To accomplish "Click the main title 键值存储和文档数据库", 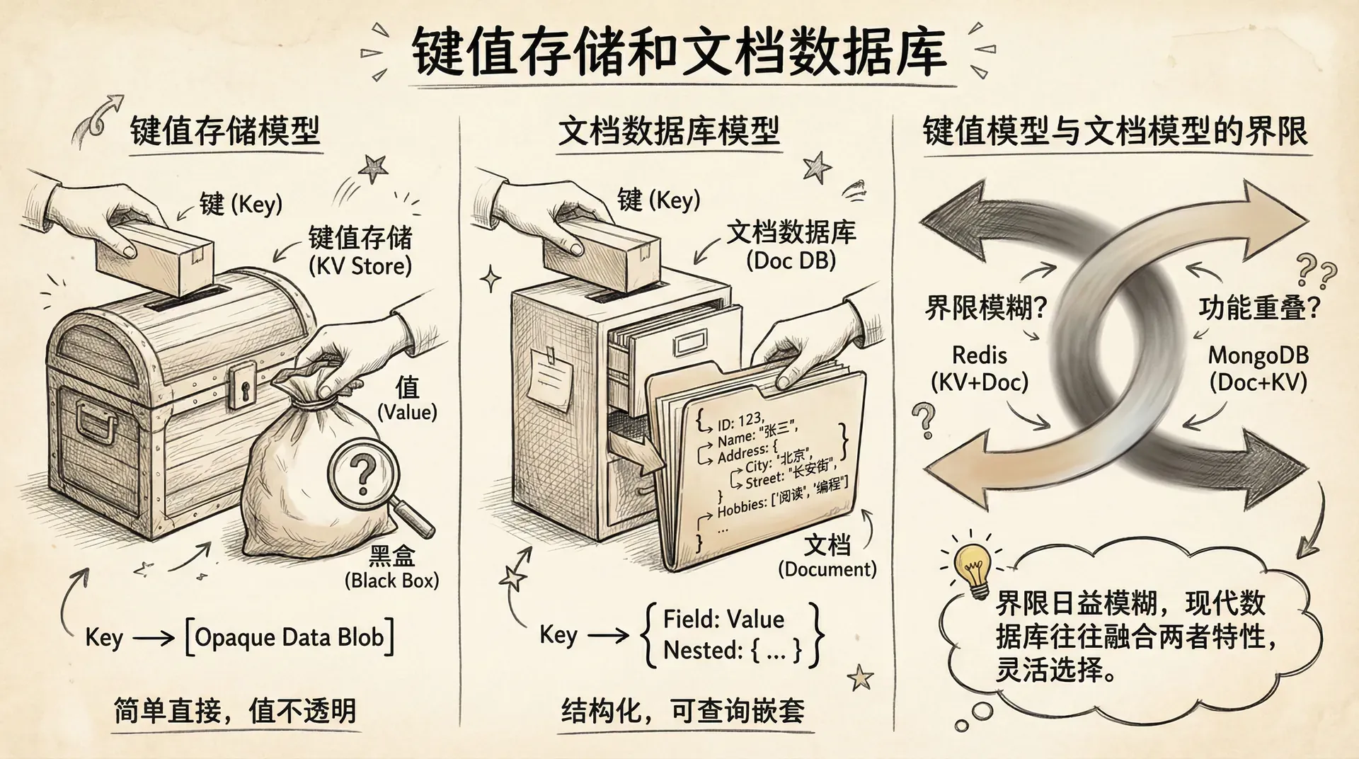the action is point(679,52).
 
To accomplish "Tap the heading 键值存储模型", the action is point(225,132).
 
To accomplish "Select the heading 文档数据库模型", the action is point(668,132).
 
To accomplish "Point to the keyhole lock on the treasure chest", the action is point(242,385).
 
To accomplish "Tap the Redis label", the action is point(979,355).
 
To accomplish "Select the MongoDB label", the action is point(1258,355).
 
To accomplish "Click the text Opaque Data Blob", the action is point(289,637).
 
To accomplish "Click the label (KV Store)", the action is point(360,266).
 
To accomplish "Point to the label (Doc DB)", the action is point(791,261).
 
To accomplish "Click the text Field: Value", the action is point(723,620).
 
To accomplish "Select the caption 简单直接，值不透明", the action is point(235,711).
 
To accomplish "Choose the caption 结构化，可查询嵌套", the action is point(683,711).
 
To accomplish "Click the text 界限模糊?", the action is point(986,308).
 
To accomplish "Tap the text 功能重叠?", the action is point(1259,308).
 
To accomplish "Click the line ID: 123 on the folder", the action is point(740,421).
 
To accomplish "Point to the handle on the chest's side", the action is point(96,425).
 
